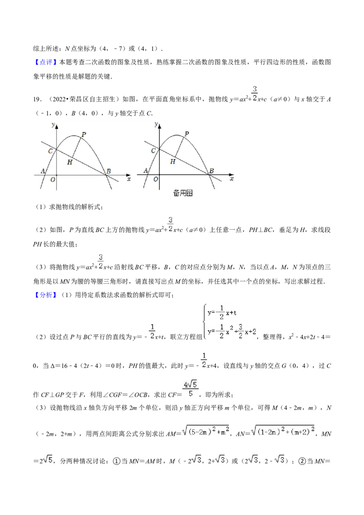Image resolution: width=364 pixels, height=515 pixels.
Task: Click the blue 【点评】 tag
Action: point(45,62)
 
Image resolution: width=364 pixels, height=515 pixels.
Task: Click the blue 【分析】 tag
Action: point(45,295)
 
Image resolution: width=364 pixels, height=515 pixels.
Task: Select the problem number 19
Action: point(37,99)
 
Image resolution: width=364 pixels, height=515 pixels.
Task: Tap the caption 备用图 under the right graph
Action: point(182,193)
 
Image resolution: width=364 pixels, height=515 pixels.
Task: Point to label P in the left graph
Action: point(84,134)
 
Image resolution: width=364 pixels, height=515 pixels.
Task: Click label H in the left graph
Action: point(70,162)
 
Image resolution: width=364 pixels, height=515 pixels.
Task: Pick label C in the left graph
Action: point(50,151)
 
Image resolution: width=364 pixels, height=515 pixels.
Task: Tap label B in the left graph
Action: point(108,171)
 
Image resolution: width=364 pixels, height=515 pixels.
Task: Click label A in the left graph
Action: point(43,171)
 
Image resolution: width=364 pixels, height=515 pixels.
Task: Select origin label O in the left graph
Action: point(53,180)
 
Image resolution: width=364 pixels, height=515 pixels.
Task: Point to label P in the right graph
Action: point(187,134)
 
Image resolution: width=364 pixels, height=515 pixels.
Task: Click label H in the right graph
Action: point(173,161)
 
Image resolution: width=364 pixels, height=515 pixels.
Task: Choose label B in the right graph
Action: point(212,171)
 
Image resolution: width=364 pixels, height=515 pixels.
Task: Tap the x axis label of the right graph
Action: point(232,179)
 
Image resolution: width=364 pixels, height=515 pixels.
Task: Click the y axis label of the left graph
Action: point(53,125)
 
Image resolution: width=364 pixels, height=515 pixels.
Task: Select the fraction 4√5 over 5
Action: point(191,389)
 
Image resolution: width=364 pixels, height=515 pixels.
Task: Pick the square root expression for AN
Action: point(283,431)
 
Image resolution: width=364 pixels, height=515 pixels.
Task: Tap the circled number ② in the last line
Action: point(302,461)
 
